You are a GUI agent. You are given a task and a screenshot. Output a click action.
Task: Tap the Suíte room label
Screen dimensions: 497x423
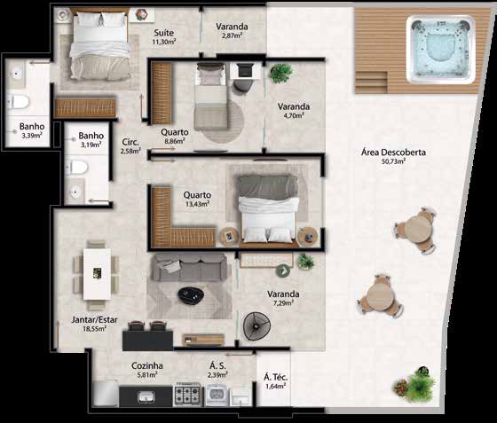click(x=164, y=33)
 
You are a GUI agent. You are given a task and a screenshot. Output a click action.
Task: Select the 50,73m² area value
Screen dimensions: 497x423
click(x=394, y=161)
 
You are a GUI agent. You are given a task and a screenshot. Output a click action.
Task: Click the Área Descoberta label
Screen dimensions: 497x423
click(x=393, y=153)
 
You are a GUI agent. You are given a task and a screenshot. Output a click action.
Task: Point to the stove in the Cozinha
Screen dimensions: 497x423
click(x=187, y=395)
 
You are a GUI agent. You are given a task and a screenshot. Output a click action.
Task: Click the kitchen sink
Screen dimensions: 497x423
click(x=146, y=396)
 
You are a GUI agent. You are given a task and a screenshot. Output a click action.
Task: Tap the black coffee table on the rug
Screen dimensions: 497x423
click(x=190, y=295)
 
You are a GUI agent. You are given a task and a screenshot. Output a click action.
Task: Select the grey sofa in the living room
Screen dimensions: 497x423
click(x=189, y=268)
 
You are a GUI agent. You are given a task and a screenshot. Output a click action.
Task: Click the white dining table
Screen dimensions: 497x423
click(x=97, y=274)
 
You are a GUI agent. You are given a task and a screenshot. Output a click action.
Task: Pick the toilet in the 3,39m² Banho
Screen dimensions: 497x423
click(x=18, y=102)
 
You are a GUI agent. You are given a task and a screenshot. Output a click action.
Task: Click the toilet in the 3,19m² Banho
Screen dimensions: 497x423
click(x=76, y=168)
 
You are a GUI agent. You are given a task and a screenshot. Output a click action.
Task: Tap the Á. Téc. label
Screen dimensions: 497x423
click(x=275, y=377)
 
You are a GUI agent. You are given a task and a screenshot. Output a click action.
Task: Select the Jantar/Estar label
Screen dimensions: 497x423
click(x=94, y=319)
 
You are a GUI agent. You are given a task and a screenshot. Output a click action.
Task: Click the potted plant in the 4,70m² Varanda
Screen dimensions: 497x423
click(x=280, y=73)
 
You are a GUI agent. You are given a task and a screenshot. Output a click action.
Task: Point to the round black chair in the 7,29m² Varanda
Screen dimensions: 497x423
click(x=256, y=326)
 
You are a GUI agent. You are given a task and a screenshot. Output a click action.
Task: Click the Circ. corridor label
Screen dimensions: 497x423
click(x=130, y=142)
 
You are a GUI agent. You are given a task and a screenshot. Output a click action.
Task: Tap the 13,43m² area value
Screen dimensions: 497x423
click(x=197, y=204)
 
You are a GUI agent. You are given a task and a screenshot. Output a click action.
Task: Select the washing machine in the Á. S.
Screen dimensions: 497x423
click(x=217, y=395)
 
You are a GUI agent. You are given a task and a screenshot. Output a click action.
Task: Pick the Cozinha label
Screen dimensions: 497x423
click(x=147, y=365)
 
